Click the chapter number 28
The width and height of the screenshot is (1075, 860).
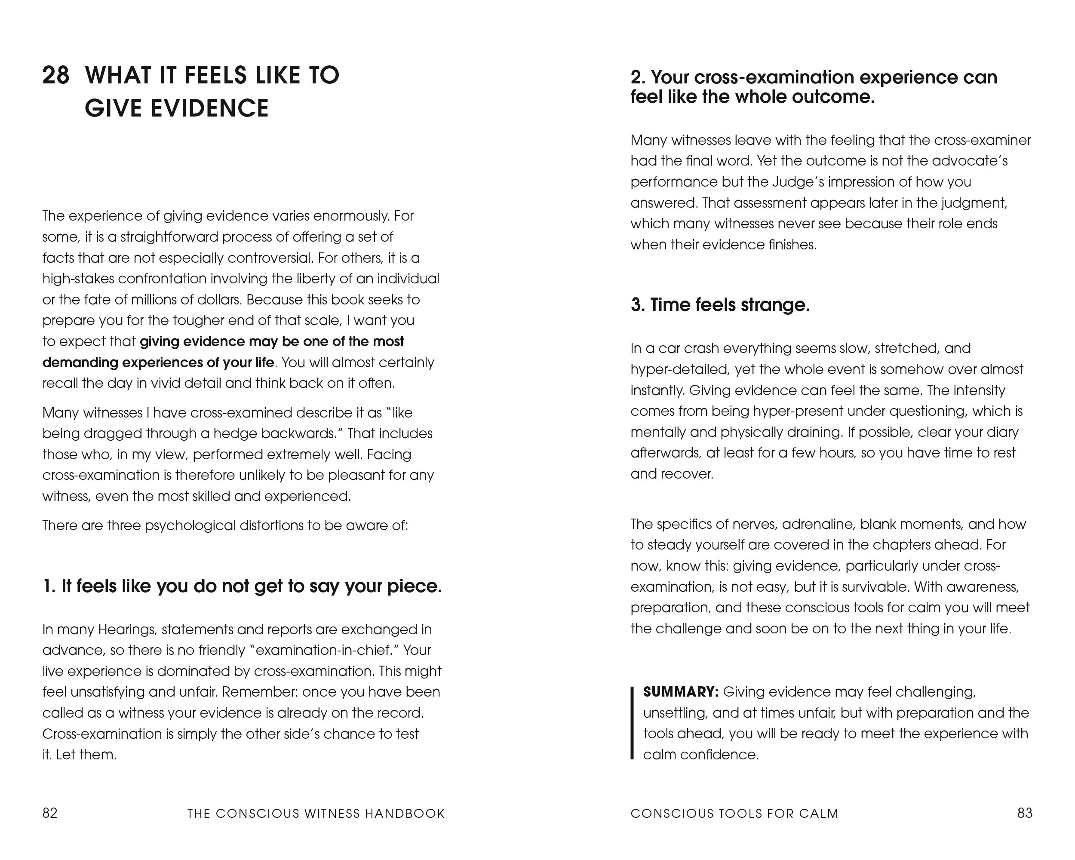point(55,76)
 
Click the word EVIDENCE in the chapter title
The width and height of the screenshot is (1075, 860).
point(209,109)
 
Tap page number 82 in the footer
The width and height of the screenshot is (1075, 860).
point(50,813)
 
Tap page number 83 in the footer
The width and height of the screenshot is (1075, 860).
point(1025,813)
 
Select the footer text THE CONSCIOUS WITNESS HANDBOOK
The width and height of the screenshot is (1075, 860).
point(316,814)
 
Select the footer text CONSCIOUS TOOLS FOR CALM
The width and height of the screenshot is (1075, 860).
point(734,814)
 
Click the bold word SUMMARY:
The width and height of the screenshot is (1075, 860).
point(681,692)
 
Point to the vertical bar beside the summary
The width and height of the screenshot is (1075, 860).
point(632,723)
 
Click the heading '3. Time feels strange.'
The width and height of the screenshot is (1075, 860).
point(720,304)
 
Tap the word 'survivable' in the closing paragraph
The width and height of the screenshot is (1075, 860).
point(874,587)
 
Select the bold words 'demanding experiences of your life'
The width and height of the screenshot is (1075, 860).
point(158,362)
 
